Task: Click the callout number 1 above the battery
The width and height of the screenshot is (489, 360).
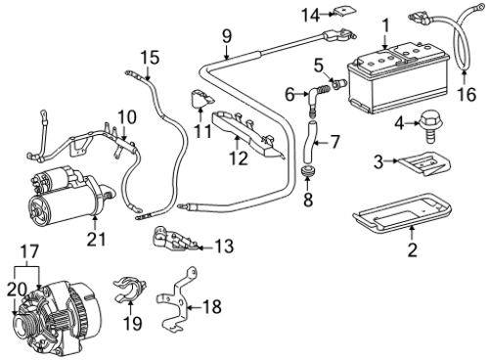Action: tap(385, 26)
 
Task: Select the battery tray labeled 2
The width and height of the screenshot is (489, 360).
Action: tap(402, 212)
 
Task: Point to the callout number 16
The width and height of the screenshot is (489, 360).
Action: tap(467, 94)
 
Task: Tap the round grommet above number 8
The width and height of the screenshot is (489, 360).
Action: tap(307, 171)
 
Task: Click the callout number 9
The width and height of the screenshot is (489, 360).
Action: tap(227, 36)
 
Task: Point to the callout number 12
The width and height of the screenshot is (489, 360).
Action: tap(239, 158)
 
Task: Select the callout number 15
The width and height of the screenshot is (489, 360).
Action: tap(150, 58)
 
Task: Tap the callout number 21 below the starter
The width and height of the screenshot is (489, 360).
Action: tap(97, 239)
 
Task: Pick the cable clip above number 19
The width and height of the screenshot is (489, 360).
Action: tap(129, 290)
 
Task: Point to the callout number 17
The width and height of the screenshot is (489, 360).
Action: tap(29, 251)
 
